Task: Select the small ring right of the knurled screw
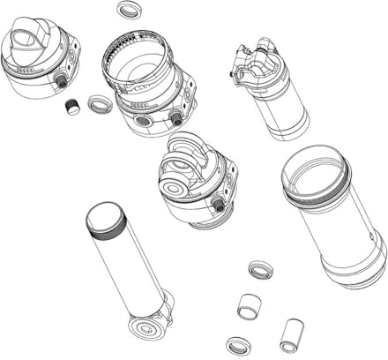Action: tap(100, 105)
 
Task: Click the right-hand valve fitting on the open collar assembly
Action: tap(175, 118)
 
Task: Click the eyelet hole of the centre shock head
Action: tap(174, 185)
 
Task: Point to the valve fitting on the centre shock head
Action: tap(217, 205)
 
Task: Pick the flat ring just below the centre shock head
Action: tap(259, 269)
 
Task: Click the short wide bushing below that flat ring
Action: tap(250, 308)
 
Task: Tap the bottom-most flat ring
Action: tap(238, 345)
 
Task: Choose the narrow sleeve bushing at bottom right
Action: tap(290, 335)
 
